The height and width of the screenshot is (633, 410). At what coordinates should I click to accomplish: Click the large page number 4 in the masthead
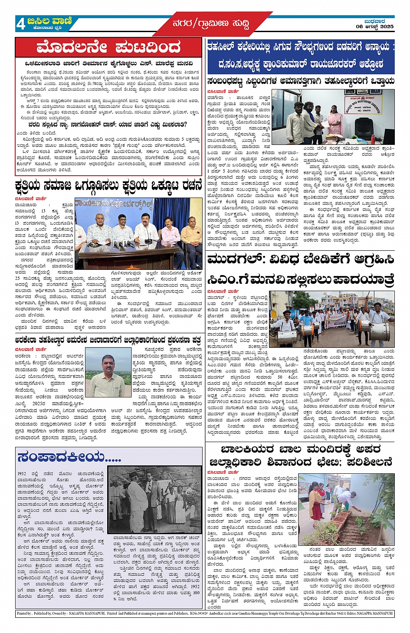pos(20,24)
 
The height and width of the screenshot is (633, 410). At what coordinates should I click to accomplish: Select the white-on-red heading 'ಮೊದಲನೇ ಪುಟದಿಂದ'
pos(108,47)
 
